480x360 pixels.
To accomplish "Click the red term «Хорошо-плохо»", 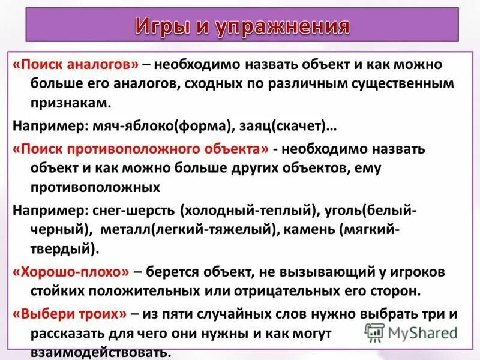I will (x=71, y=272).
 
